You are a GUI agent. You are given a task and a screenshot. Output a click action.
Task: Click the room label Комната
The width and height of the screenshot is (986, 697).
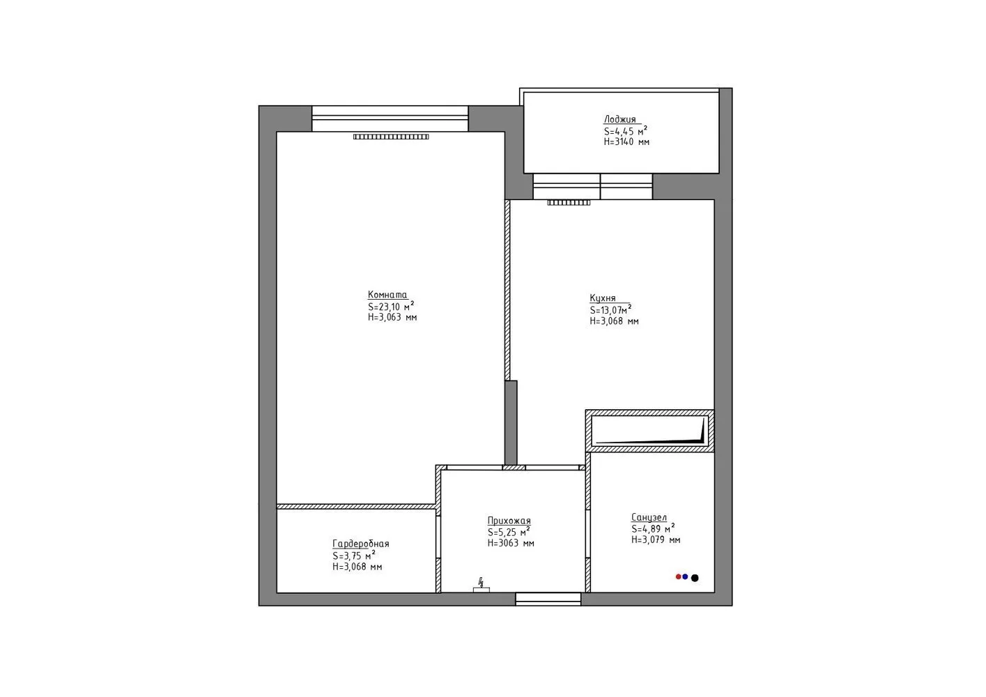(387, 295)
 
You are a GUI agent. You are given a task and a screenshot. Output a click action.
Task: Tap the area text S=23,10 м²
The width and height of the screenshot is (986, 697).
(391, 306)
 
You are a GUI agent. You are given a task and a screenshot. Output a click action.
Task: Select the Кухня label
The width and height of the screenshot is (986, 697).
(603, 298)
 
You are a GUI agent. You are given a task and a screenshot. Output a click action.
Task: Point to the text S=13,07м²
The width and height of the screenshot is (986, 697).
(610, 309)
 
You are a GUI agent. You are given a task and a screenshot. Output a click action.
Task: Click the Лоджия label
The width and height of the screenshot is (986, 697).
(619, 119)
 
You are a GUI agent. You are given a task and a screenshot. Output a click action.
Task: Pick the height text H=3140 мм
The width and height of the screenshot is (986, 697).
(626, 141)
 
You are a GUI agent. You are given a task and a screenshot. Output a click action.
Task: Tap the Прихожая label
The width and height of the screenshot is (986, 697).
(509, 521)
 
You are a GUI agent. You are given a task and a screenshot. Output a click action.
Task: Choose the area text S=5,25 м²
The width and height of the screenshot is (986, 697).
(509, 531)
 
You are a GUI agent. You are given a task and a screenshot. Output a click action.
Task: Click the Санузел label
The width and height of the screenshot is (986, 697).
(649, 517)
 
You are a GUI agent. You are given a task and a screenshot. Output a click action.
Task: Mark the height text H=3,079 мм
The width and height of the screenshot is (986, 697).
(656, 539)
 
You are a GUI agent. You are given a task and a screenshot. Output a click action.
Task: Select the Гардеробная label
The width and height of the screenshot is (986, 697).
(360, 544)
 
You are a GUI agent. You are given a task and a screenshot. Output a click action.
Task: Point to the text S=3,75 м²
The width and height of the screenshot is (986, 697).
(354, 556)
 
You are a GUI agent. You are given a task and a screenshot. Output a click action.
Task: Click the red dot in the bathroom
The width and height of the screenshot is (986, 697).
(678, 577)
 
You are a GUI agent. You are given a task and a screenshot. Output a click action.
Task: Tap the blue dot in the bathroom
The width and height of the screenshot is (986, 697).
(685, 577)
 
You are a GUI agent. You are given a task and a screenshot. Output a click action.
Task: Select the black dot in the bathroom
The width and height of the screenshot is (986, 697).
(695, 578)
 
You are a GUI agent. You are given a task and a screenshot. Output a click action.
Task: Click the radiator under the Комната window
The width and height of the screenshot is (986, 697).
(391, 137)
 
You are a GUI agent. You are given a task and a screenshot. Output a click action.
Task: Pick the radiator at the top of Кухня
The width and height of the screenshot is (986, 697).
(569, 203)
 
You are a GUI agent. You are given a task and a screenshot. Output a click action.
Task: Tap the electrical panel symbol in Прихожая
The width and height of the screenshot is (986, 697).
(481, 586)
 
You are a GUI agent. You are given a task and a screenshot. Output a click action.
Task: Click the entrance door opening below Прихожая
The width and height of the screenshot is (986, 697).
(548, 599)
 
